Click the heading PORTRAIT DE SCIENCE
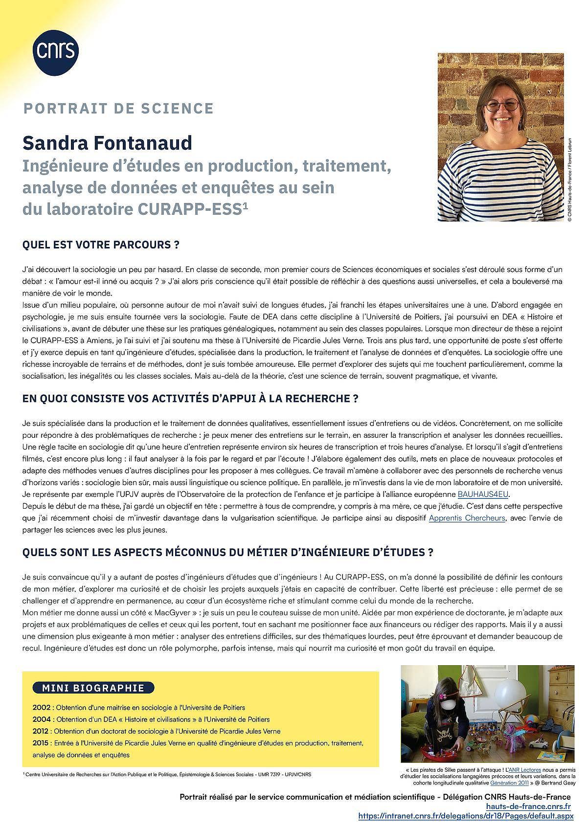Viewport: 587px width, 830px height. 118,108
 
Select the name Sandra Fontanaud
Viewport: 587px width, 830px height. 107,143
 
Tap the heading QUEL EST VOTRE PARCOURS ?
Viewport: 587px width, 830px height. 101,245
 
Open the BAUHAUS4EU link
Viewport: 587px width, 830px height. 483,494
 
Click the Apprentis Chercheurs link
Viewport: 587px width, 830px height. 467,517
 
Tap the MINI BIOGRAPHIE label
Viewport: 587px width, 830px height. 93,688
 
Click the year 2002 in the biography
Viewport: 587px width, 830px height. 41,707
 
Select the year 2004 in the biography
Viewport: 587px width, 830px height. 41,719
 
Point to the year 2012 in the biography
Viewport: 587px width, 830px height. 41,731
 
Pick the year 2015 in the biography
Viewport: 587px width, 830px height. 41,743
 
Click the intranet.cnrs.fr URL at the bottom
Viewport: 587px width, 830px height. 465,816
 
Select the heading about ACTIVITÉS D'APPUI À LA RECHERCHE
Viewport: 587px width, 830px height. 191,399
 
